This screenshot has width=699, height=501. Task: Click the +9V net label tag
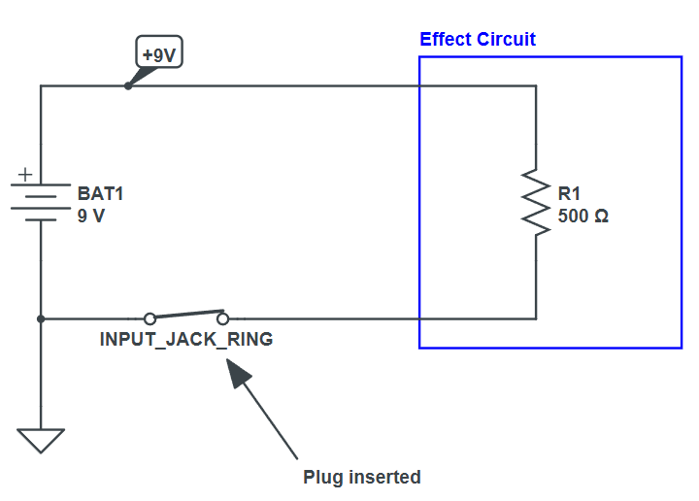(x=159, y=54)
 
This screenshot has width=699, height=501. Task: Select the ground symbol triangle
(x=41, y=440)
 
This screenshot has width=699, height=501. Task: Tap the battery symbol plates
(x=41, y=202)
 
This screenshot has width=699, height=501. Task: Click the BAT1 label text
(x=101, y=193)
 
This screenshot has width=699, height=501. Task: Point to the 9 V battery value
(x=91, y=216)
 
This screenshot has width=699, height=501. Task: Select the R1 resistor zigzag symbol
(x=535, y=202)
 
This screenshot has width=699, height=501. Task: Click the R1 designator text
(x=569, y=193)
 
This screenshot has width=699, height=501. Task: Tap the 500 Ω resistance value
(x=582, y=216)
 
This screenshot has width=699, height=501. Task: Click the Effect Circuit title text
(x=477, y=40)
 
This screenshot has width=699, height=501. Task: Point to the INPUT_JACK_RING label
(x=186, y=340)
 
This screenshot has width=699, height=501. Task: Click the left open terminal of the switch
(x=150, y=318)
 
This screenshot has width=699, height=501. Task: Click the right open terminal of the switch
(x=223, y=318)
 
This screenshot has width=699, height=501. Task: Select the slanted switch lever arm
(x=186, y=314)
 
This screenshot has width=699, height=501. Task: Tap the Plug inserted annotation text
(x=362, y=477)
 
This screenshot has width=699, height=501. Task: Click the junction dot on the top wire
(x=128, y=85)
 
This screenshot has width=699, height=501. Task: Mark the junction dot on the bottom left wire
(x=41, y=318)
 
